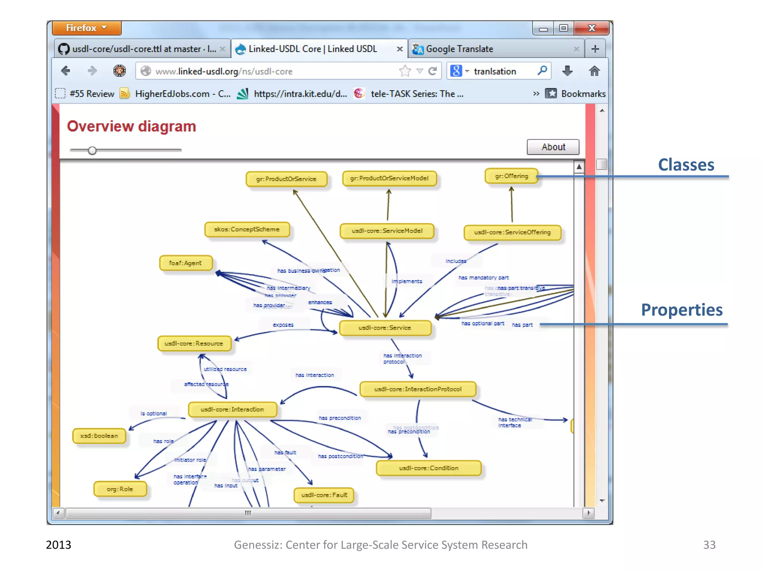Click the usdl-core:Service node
tap(385, 328)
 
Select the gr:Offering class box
tap(511, 176)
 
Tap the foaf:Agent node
tap(185, 263)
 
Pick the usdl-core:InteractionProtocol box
tap(417, 389)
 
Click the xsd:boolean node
tap(99, 436)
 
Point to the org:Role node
tap(120, 489)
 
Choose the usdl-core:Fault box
tap(324, 495)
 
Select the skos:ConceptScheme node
tap(247, 229)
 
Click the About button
tap(553, 147)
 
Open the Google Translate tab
tap(460, 49)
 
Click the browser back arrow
tap(66, 71)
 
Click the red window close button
tap(591, 28)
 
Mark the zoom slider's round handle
tap(92, 150)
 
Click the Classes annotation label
tap(686, 165)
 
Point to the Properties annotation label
tap(682, 310)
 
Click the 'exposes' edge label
tap(283, 325)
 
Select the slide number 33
tap(709, 545)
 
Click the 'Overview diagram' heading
tap(131, 126)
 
